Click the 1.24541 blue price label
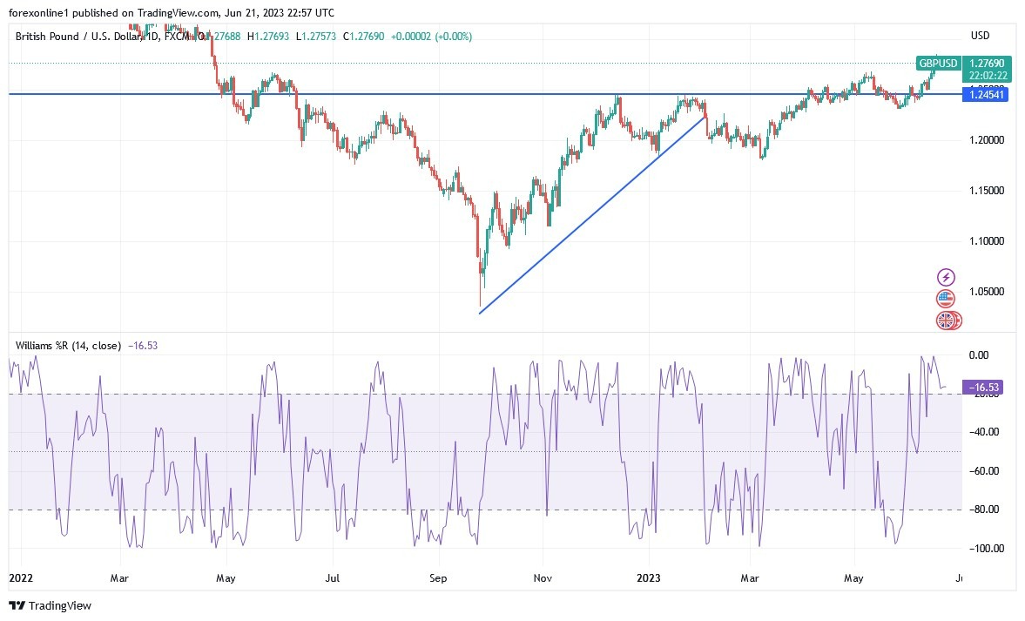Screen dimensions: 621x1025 985,94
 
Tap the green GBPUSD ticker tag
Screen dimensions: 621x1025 939,64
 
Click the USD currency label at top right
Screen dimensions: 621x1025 981,36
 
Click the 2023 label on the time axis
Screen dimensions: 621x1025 650,577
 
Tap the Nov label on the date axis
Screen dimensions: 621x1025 543,577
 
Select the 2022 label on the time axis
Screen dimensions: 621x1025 20,577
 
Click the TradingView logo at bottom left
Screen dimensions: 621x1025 50,605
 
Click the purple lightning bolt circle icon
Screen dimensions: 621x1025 946,278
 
